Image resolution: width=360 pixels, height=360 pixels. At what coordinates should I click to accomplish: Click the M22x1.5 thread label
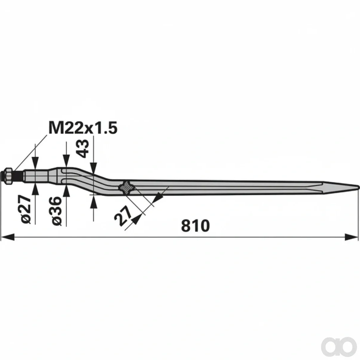tap(83, 128)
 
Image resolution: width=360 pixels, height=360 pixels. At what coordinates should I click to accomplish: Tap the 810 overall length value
tap(195, 226)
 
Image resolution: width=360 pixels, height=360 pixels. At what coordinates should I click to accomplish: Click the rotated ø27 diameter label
tap(25, 209)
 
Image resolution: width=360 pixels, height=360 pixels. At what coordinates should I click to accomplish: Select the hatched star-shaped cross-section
tap(127, 188)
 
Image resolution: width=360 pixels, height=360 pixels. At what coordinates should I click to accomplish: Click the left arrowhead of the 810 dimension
tap(7, 237)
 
